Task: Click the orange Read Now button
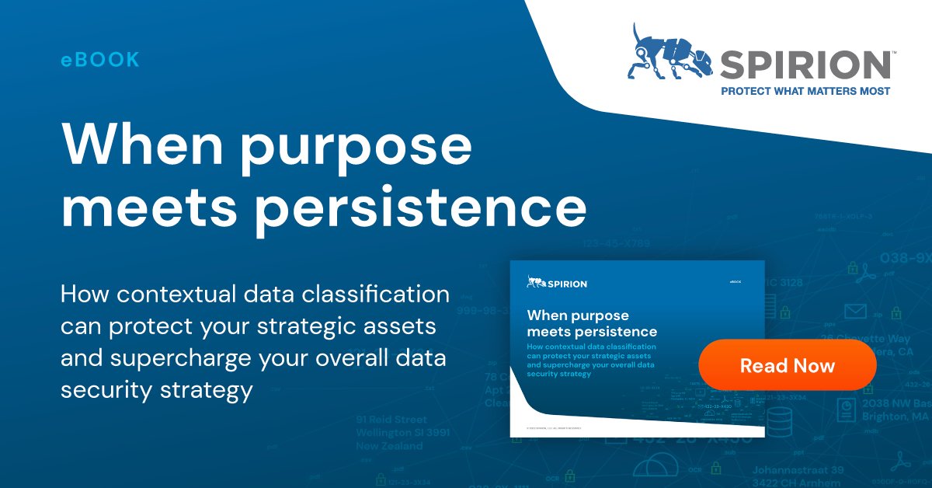click(788, 365)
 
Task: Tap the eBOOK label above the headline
click(100, 60)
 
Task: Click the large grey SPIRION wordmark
click(805, 64)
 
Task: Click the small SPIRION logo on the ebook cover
click(557, 283)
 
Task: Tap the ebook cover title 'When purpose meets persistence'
click(591, 323)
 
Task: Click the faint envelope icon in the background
click(855, 312)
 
